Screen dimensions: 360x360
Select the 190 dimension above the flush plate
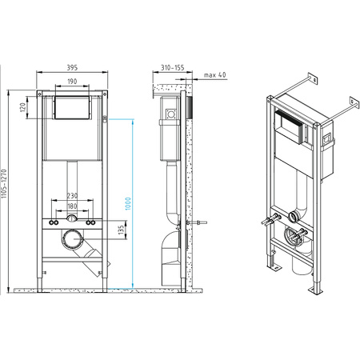coord(70,82)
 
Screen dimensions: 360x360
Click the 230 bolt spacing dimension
coord(71,196)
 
